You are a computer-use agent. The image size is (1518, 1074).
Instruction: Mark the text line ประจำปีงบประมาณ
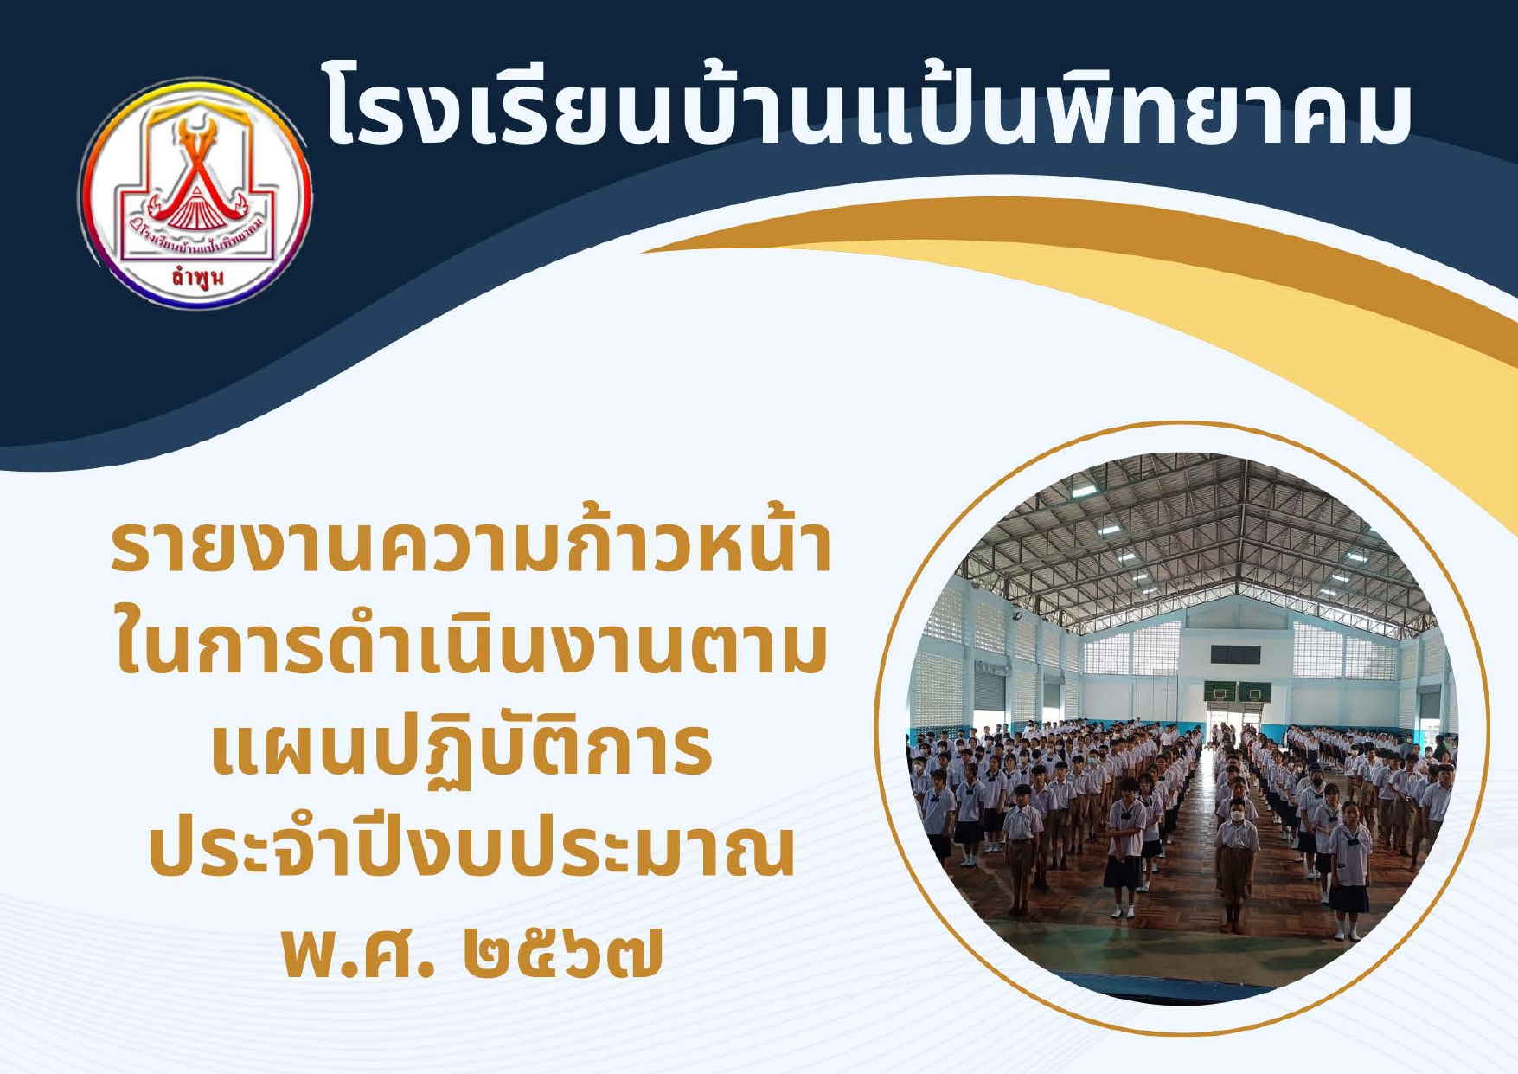click(x=471, y=844)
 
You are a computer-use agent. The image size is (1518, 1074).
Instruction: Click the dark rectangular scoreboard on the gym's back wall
click(x=1234, y=654)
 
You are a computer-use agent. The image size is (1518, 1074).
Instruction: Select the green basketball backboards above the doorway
click(x=1236, y=691)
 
